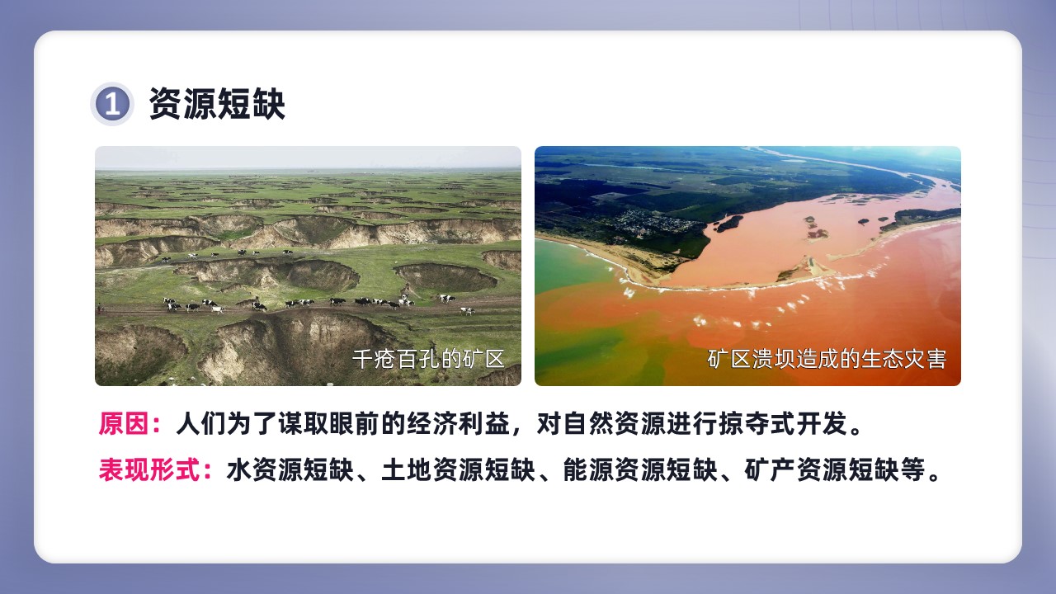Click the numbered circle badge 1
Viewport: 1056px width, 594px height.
click(111, 104)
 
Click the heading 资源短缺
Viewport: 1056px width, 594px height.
click(217, 104)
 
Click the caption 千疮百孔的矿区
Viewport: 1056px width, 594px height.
click(428, 359)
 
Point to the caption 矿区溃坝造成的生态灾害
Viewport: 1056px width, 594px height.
click(827, 359)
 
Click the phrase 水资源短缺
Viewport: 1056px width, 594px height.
click(290, 469)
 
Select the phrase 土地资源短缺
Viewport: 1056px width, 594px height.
click(458, 469)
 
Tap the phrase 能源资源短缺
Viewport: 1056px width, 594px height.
click(639, 469)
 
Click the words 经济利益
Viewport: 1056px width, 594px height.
click(458, 423)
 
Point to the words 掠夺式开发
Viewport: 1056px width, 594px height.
click(783, 423)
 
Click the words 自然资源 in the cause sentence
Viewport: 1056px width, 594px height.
click(614, 423)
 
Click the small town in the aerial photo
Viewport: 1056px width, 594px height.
click(655, 222)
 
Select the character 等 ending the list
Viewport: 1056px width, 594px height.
click(912, 469)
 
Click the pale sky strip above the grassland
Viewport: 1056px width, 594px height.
click(308, 158)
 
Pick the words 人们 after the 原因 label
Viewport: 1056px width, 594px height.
click(200, 423)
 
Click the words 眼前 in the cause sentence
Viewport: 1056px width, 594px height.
click(354, 423)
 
